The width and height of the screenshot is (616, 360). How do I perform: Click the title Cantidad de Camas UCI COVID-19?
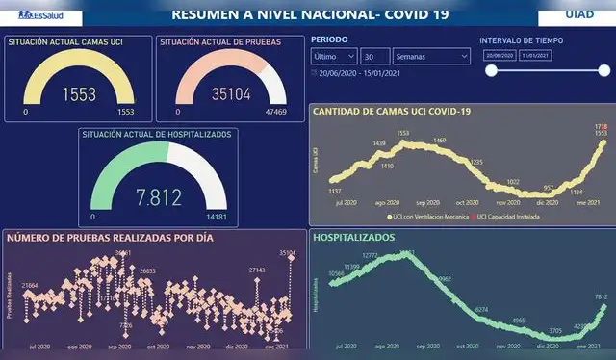tap(391, 112)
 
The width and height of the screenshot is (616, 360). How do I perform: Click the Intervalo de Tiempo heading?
tap(523, 40)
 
